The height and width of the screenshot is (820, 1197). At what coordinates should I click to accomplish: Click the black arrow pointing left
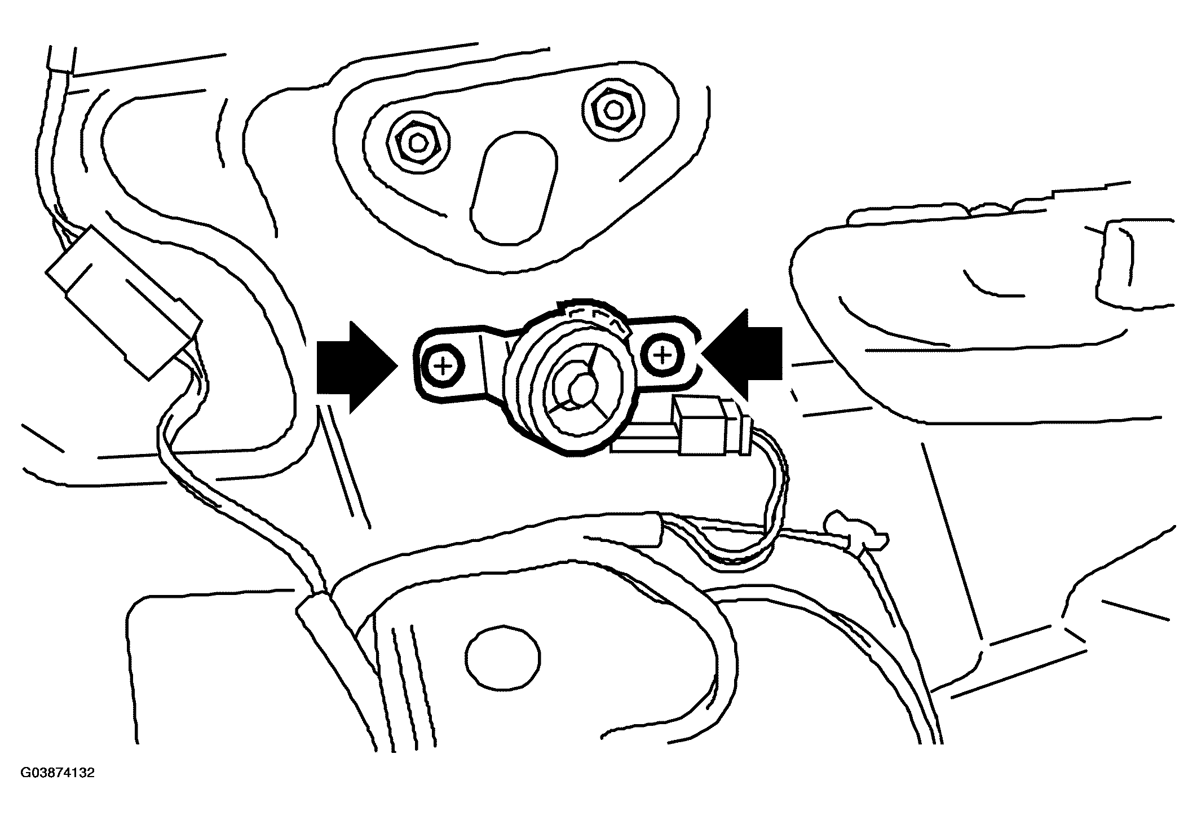743,354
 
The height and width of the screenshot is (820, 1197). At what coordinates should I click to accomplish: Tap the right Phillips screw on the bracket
664,355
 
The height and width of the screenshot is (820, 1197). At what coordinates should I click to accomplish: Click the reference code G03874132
58,773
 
